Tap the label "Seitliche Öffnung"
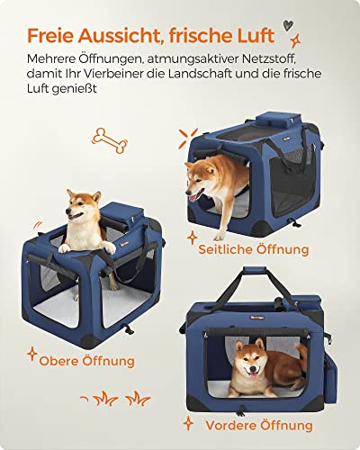pos(260,249)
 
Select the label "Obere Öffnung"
pos(87,361)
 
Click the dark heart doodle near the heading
pos(286,26)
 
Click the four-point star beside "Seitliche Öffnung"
pos(192,238)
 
